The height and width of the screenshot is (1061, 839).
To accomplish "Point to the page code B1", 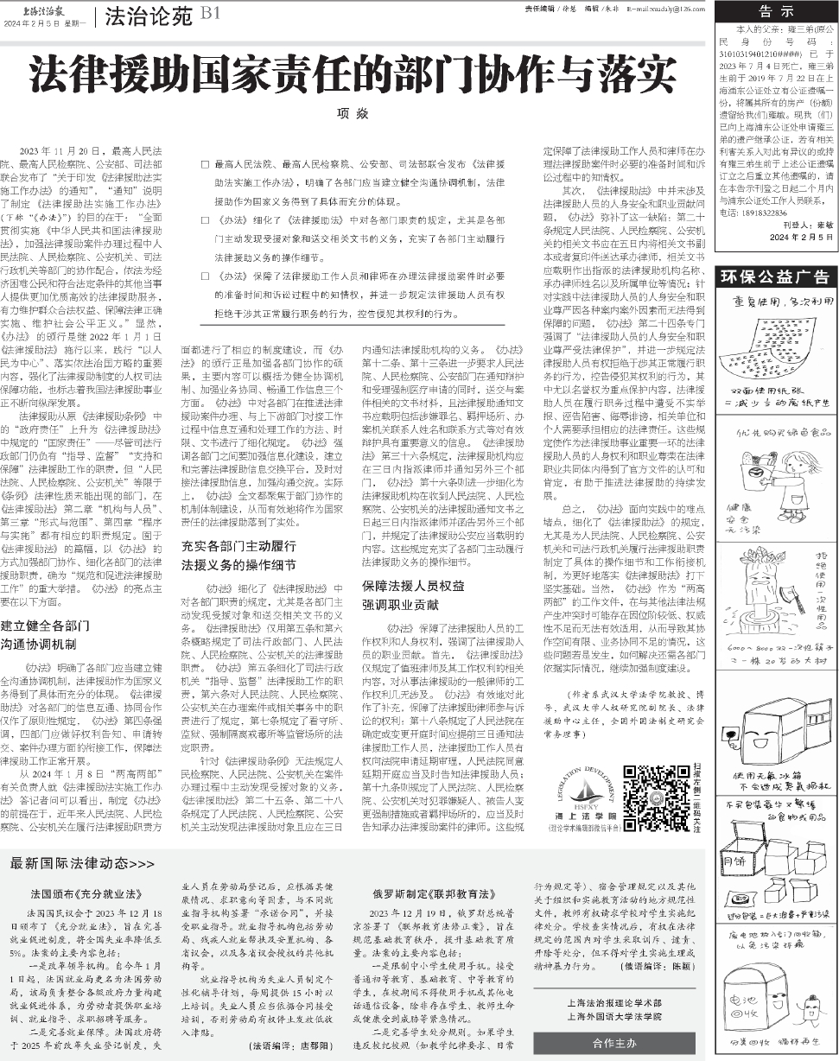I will pyautogui.click(x=211, y=14).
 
